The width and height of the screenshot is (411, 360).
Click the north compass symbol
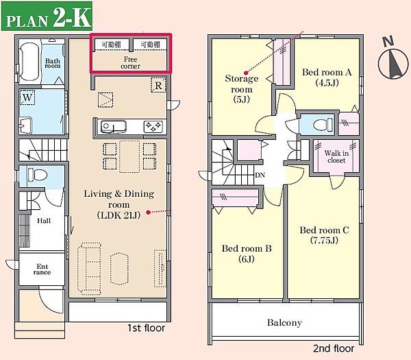click(393, 60)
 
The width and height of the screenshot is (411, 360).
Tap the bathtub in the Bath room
click(30, 62)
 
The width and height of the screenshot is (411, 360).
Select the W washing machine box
click(27, 97)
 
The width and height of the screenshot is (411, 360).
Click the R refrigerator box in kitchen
click(158, 85)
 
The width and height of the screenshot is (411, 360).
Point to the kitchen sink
click(113, 127)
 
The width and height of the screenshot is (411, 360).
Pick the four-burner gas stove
click(153, 127)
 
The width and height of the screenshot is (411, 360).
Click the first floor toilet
click(37, 174)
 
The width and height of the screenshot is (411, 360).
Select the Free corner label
click(131, 62)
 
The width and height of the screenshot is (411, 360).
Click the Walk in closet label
click(336, 156)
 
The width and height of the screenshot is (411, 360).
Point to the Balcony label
click(284, 322)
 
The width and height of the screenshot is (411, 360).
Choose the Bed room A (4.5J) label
click(327, 77)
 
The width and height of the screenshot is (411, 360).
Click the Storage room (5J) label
click(241, 89)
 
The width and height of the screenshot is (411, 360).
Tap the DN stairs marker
click(260, 175)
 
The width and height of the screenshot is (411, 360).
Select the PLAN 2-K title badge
click(47, 16)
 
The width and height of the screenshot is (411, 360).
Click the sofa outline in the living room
click(89, 268)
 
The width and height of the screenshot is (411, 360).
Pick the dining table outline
click(129, 156)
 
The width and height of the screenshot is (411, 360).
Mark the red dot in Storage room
click(246, 73)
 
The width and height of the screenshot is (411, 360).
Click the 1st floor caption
click(147, 328)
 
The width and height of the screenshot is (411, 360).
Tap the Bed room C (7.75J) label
click(324, 235)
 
